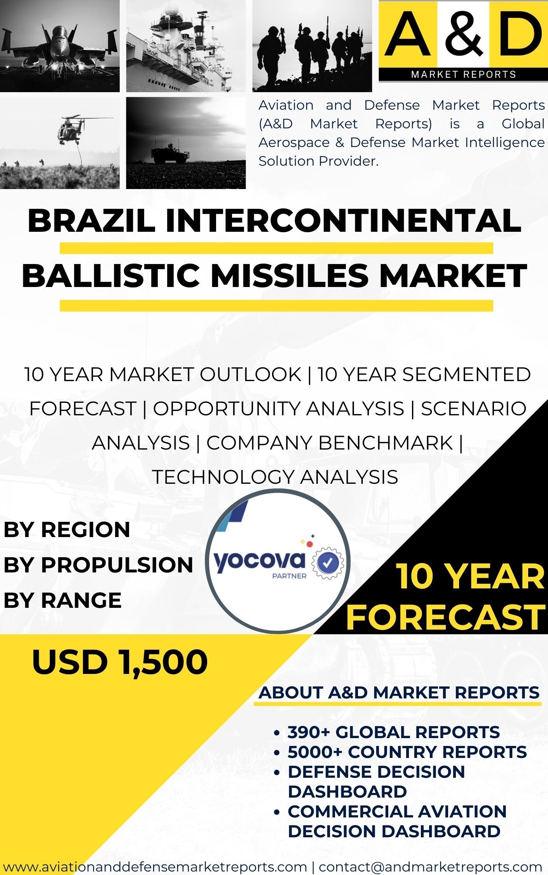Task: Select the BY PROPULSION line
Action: (98, 565)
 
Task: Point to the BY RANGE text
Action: (63, 600)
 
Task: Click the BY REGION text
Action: (67, 530)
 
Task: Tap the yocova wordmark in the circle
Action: (259, 561)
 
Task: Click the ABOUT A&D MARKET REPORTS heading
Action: (399, 692)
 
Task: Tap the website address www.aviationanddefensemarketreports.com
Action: (155, 866)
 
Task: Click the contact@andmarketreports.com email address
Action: (430, 866)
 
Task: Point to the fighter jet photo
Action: (60, 46)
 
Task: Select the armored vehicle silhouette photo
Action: (186, 143)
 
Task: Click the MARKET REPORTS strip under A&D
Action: (463, 74)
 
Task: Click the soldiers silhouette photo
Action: (312, 46)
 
